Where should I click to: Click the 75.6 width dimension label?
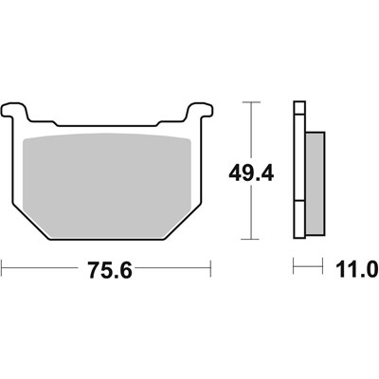[110, 270]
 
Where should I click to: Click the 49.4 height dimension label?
[251, 173]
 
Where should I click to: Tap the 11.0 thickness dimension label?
[357, 269]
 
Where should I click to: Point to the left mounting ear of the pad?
[13, 111]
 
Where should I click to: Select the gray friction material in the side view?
[316, 183]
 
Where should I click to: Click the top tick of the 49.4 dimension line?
[251, 102]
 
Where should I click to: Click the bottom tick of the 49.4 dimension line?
[250, 239]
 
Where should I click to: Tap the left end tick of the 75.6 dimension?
[2, 268]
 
